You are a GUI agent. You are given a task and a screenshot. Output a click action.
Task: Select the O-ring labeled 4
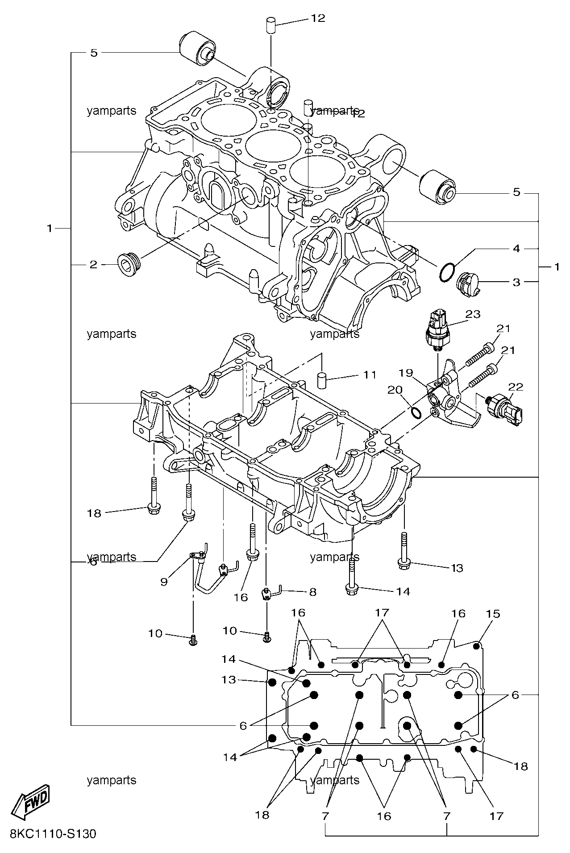447,272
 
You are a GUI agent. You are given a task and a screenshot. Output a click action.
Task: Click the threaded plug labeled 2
129,265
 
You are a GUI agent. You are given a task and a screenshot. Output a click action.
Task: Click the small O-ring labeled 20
416,413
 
